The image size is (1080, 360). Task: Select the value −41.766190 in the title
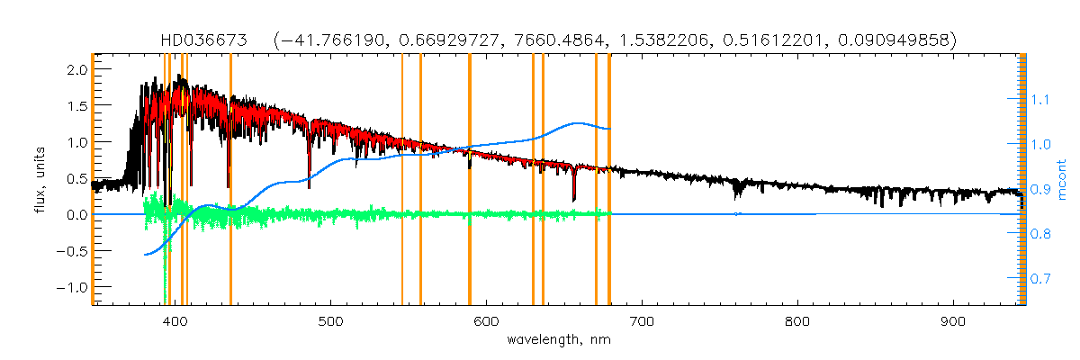pos(337,40)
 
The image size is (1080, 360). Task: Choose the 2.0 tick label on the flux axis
pos(77,69)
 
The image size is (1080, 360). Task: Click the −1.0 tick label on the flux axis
pos(74,287)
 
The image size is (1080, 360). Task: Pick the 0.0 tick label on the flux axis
pos(77,214)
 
